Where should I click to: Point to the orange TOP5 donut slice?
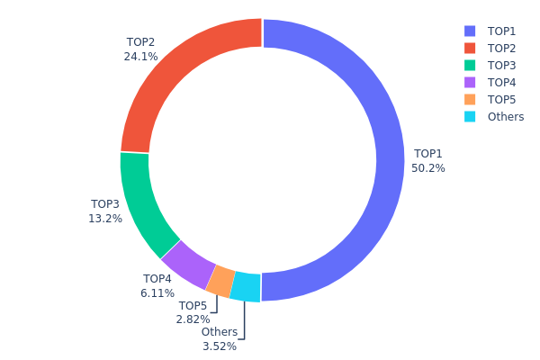point(220,282)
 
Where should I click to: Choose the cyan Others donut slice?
point(246,287)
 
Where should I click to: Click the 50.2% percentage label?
point(429,167)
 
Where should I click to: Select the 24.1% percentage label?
point(140,56)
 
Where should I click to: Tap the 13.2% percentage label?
point(106,218)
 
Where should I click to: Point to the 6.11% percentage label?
point(157,293)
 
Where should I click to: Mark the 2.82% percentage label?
point(193,319)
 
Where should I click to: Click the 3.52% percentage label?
point(220,346)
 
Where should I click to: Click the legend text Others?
point(505,116)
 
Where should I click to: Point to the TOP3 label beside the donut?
point(105,204)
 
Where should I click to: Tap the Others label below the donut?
point(220,332)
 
